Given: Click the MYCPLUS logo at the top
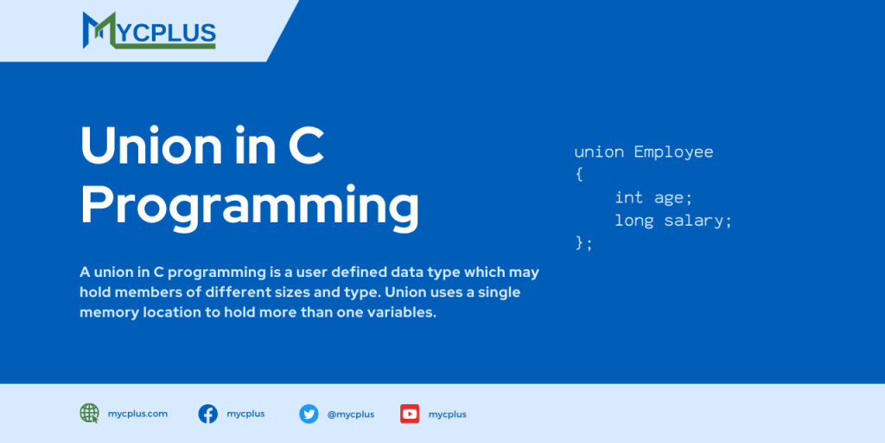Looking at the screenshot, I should point(149,29).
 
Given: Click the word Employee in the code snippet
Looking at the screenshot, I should point(673,152).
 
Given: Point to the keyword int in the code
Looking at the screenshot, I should point(629,198).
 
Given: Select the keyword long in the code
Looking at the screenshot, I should point(634,221).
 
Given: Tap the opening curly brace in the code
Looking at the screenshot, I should point(579,175).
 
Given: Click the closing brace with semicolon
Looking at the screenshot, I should point(584,243).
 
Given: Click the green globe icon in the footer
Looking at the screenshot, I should point(90,414).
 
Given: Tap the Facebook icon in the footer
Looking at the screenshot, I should point(208,414).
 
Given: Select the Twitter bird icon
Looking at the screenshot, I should point(309,414).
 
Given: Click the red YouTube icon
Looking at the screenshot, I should point(410,414).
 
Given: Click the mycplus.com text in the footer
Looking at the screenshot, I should point(138,414).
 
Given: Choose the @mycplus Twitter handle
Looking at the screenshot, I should point(351,414).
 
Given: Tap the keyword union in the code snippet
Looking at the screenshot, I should point(599,152).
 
